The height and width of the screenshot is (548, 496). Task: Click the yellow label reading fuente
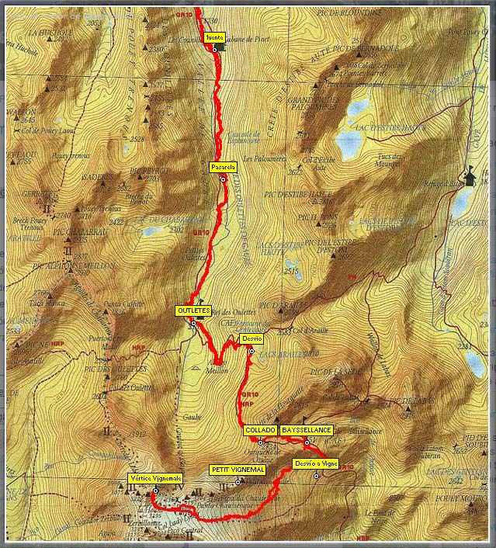coord(215,37)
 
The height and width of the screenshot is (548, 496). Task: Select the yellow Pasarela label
coord(223,167)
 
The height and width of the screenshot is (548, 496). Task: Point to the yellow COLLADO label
coord(260,429)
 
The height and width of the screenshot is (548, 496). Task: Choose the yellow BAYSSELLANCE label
coord(307,429)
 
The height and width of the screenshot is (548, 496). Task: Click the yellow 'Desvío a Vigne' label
coord(316,463)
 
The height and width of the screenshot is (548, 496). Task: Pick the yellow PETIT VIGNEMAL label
coord(238,470)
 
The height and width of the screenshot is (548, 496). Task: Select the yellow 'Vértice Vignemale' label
coord(155,478)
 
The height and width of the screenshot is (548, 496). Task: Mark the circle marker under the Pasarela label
coord(223,179)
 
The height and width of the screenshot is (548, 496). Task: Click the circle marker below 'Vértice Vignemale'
coord(155,491)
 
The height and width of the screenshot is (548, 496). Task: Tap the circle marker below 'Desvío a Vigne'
coord(317,476)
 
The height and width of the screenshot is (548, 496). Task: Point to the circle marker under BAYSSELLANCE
coord(307,442)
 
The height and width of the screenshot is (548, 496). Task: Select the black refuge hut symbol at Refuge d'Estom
coord(470,177)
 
